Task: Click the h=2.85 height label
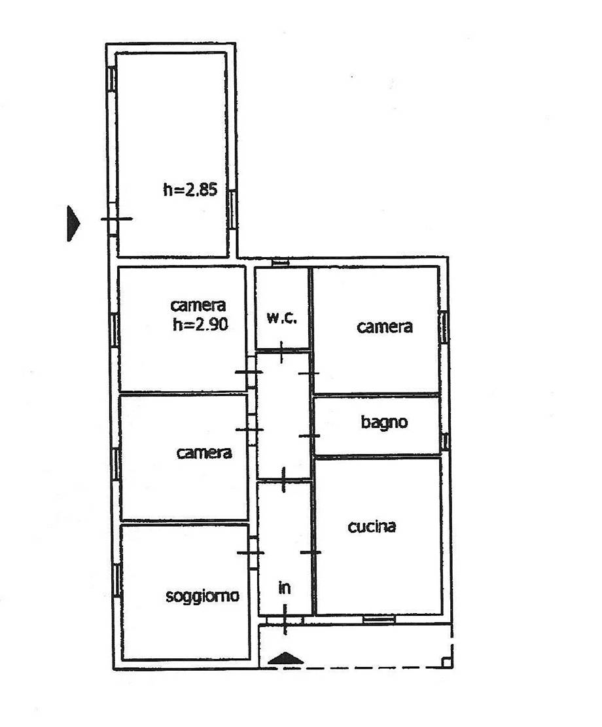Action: coord(190,189)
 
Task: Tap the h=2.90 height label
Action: coord(200,324)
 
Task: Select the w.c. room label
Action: coord(281,317)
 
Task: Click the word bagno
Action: coord(385,422)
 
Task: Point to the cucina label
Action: coord(372,526)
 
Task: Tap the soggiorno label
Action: coord(203,595)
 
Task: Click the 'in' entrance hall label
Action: coord(284,588)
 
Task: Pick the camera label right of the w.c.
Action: coord(385,327)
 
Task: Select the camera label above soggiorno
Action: coord(204,453)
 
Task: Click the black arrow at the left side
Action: coord(73,224)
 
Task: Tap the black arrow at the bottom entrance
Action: coord(286,658)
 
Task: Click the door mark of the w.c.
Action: coord(281,352)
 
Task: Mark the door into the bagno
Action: coord(310,436)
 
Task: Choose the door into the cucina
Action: coord(311,552)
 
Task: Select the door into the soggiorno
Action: coord(251,553)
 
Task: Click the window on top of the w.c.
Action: coord(280,263)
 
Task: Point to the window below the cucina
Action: coord(379,618)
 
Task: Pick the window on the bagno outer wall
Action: coord(445,441)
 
